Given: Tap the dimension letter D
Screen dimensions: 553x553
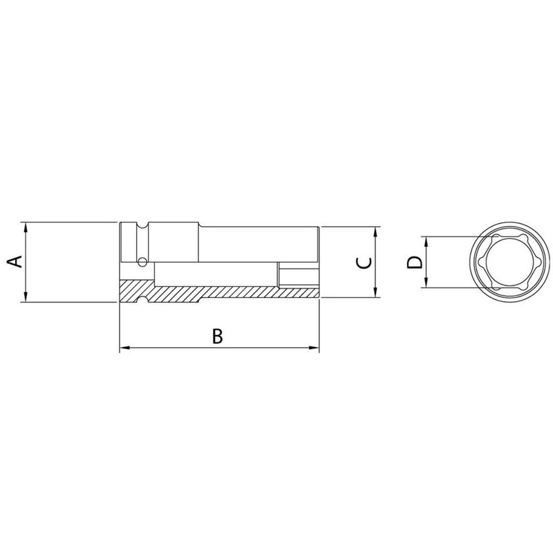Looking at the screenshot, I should coord(413,262).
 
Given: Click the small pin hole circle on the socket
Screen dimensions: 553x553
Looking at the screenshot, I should coord(142,261).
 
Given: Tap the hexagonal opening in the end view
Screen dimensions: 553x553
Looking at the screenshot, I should coord(512,261).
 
